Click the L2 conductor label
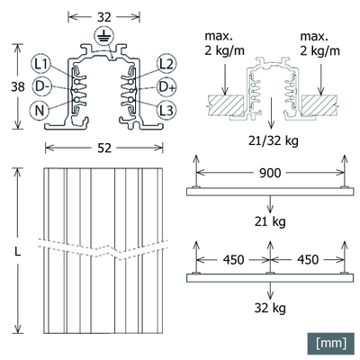166,64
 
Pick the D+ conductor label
166,86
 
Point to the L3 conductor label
166,109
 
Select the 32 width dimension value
104,15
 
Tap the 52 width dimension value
104,147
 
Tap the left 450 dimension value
235,260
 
